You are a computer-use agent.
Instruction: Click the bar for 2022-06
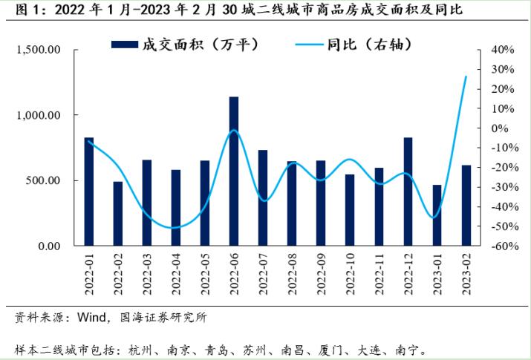(234, 171)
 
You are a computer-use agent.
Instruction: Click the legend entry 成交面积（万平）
(184, 44)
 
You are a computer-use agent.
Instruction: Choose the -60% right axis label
(501, 246)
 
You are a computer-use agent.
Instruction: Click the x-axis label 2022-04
(177, 274)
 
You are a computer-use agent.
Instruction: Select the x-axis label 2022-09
(322, 274)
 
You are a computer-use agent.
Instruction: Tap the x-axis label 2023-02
(466, 274)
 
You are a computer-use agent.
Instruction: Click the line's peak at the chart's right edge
(466, 76)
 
